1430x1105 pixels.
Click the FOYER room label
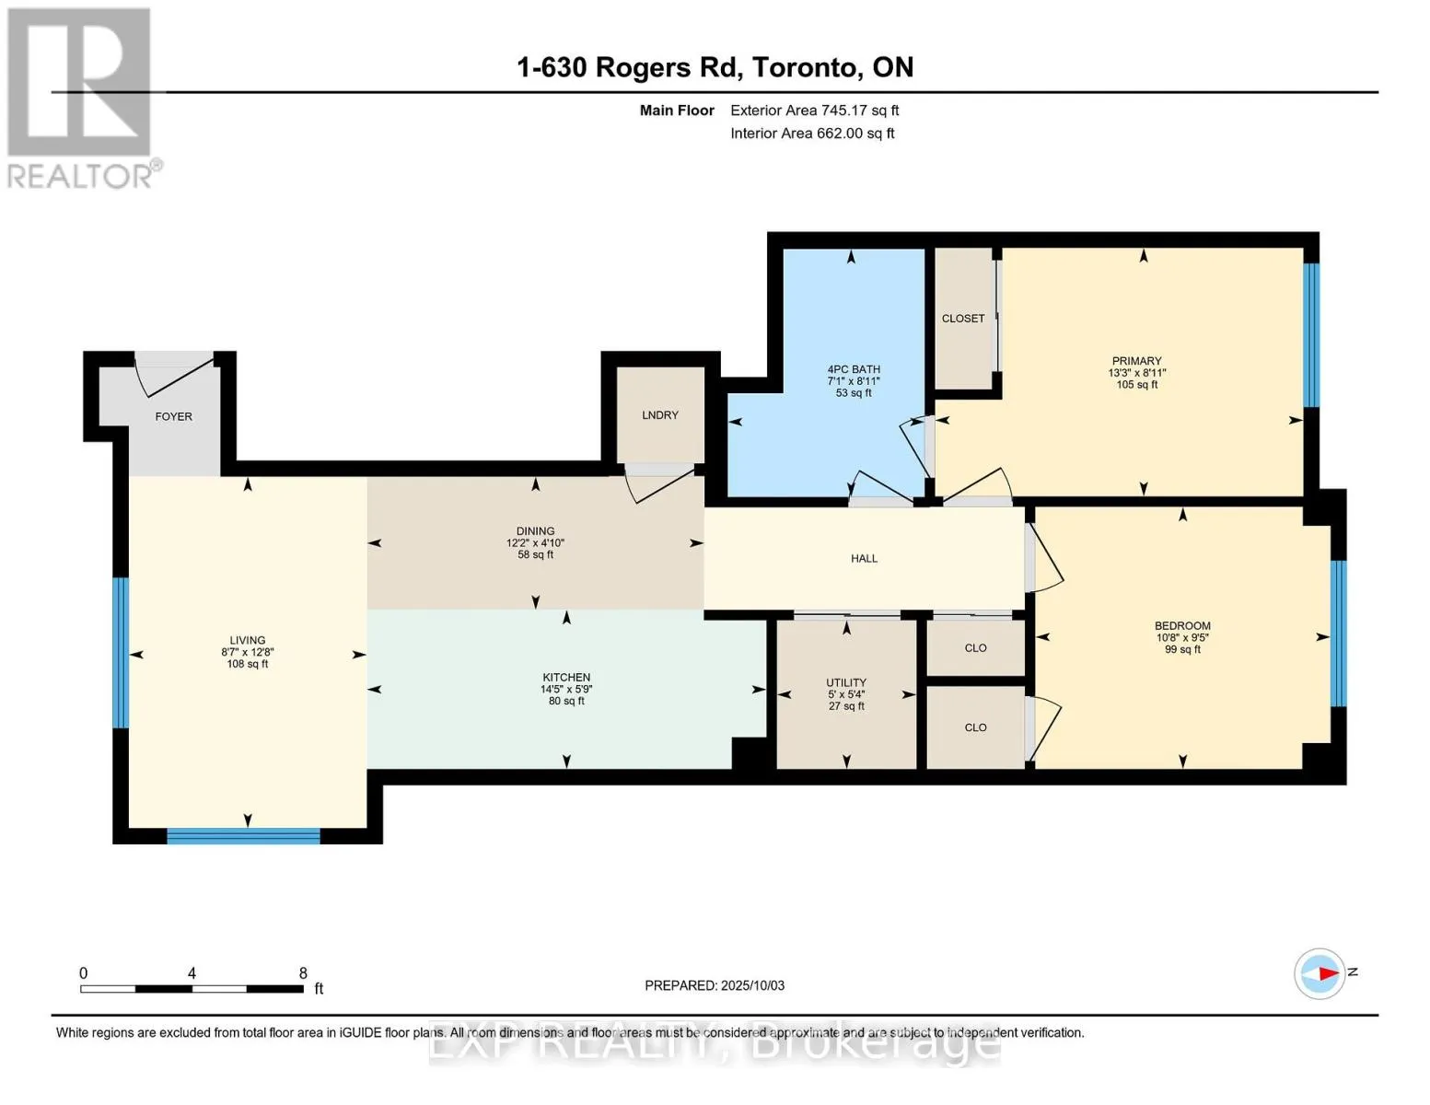tap(173, 416)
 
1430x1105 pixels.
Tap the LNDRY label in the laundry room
tap(659, 414)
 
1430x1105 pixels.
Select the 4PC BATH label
tap(854, 369)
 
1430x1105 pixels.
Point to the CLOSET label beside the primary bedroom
tap(963, 319)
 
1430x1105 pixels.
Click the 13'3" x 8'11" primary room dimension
tap(1136, 373)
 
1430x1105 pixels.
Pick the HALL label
tap(864, 558)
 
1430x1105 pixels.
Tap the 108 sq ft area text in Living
tap(248, 664)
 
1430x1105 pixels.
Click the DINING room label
tap(535, 530)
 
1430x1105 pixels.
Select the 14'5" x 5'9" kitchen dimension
tap(566, 689)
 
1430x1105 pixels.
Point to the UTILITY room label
tap(846, 682)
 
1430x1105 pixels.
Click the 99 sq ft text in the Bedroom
tap(1182, 649)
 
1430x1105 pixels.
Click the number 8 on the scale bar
tap(303, 972)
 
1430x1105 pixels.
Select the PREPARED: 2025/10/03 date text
tap(715, 985)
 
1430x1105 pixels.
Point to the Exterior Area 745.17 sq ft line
tap(815, 110)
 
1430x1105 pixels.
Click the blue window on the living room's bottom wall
tap(243, 836)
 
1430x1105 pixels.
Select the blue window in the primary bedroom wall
tap(1311, 335)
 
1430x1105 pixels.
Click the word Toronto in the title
tap(807, 67)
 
